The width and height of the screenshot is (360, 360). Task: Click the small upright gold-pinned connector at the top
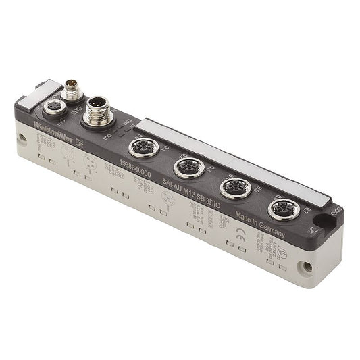click(x=72, y=88)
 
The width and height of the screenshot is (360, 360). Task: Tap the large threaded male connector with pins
click(x=98, y=111)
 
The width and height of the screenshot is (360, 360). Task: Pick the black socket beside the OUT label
click(x=53, y=107)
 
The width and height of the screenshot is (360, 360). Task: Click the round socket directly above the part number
click(x=144, y=146)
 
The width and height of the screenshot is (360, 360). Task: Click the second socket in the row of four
click(x=189, y=166)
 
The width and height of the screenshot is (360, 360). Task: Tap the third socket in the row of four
click(x=236, y=187)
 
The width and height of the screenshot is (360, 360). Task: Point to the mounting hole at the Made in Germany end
click(x=307, y=267)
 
